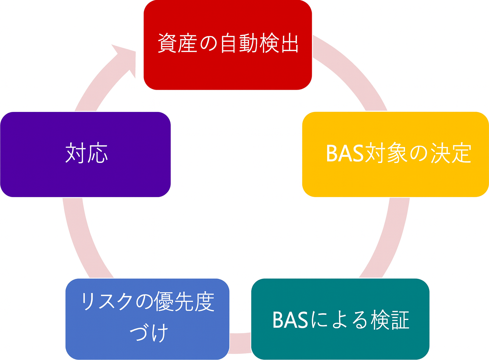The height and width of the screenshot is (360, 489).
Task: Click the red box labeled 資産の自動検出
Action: click(228, 45)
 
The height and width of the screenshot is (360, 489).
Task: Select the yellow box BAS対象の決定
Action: click(395, 154)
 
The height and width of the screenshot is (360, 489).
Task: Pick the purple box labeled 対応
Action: click(85, 154)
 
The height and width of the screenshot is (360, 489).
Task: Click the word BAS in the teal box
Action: click(291, 320)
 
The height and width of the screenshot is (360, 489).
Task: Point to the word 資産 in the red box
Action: click(177, 43)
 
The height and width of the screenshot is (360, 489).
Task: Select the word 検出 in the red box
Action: click(279, 43)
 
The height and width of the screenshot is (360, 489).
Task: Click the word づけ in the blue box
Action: click(149, 333)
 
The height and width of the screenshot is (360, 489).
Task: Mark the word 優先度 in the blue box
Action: click(184, 302)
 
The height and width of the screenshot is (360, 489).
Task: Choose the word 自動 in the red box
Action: click(238, 43)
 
